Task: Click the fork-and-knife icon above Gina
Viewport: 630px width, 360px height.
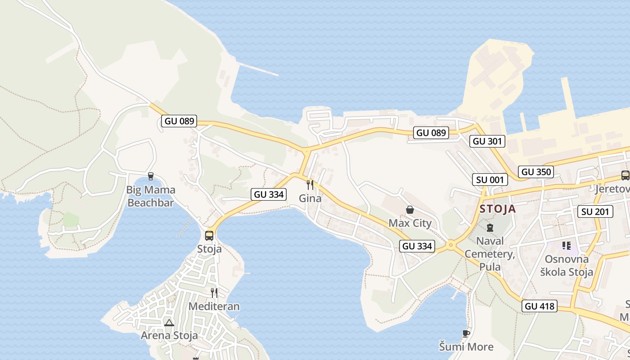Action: tap(310, 184)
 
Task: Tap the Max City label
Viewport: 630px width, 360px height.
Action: tap(410, 223)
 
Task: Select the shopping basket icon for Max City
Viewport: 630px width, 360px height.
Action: tap(410, 210)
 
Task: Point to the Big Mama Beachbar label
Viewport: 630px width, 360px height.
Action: tap(151, 196)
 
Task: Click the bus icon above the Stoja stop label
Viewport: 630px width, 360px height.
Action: tap(209, 235)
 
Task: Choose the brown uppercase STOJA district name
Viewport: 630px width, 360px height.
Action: tap(498, 209)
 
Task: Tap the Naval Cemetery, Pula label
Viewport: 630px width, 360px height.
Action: tap(490, 255)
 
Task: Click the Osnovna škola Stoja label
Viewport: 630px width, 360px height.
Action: tap(567, 265)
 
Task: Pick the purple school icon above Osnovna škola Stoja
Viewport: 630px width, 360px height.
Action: tap(567, 246)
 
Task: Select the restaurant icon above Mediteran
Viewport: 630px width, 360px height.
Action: tap(214, 293)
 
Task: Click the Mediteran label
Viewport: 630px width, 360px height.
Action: tap(214, 306)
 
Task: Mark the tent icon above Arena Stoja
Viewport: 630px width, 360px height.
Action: tap(169, 323)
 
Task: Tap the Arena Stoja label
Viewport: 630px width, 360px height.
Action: tap(169, 335)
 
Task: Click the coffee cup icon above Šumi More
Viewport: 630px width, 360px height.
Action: tap(466, 333)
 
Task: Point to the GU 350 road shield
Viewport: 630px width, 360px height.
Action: tap(535, 171)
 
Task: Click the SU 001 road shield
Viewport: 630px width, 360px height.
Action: tap(490, 180)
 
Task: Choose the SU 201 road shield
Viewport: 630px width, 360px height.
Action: tap(595, 211)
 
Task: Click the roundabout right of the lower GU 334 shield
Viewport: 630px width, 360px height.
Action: tap(450, 245)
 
